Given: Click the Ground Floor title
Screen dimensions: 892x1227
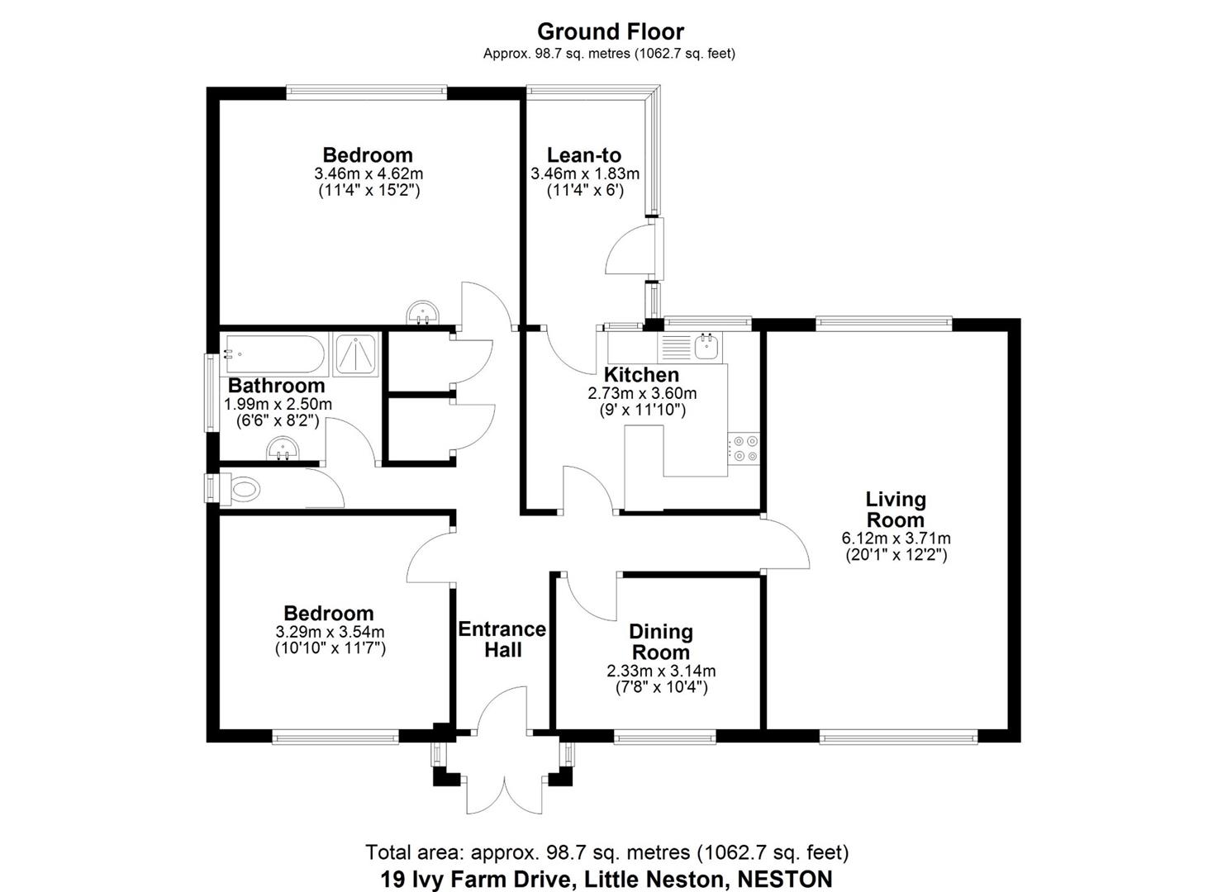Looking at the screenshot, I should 610,31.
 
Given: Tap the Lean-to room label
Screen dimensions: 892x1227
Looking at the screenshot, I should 584,154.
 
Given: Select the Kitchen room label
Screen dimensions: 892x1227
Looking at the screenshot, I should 641,374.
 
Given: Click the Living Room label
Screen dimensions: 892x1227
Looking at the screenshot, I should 896,510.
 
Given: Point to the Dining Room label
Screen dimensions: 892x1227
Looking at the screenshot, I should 661,642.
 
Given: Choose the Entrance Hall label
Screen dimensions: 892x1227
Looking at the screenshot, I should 502,639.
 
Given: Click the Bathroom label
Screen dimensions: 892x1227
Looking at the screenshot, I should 276,385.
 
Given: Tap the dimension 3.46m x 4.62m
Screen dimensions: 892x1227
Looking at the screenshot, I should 368,173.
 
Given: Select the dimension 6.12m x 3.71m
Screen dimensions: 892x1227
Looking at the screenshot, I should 896,538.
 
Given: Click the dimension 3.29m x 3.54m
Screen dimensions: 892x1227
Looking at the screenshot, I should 330,632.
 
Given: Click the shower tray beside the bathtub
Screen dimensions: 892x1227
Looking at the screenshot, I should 356,353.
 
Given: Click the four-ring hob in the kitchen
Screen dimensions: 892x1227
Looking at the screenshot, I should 744,448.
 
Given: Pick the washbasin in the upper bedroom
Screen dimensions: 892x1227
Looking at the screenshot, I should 423,313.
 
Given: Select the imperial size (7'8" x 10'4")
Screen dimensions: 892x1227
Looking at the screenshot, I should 661,687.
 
